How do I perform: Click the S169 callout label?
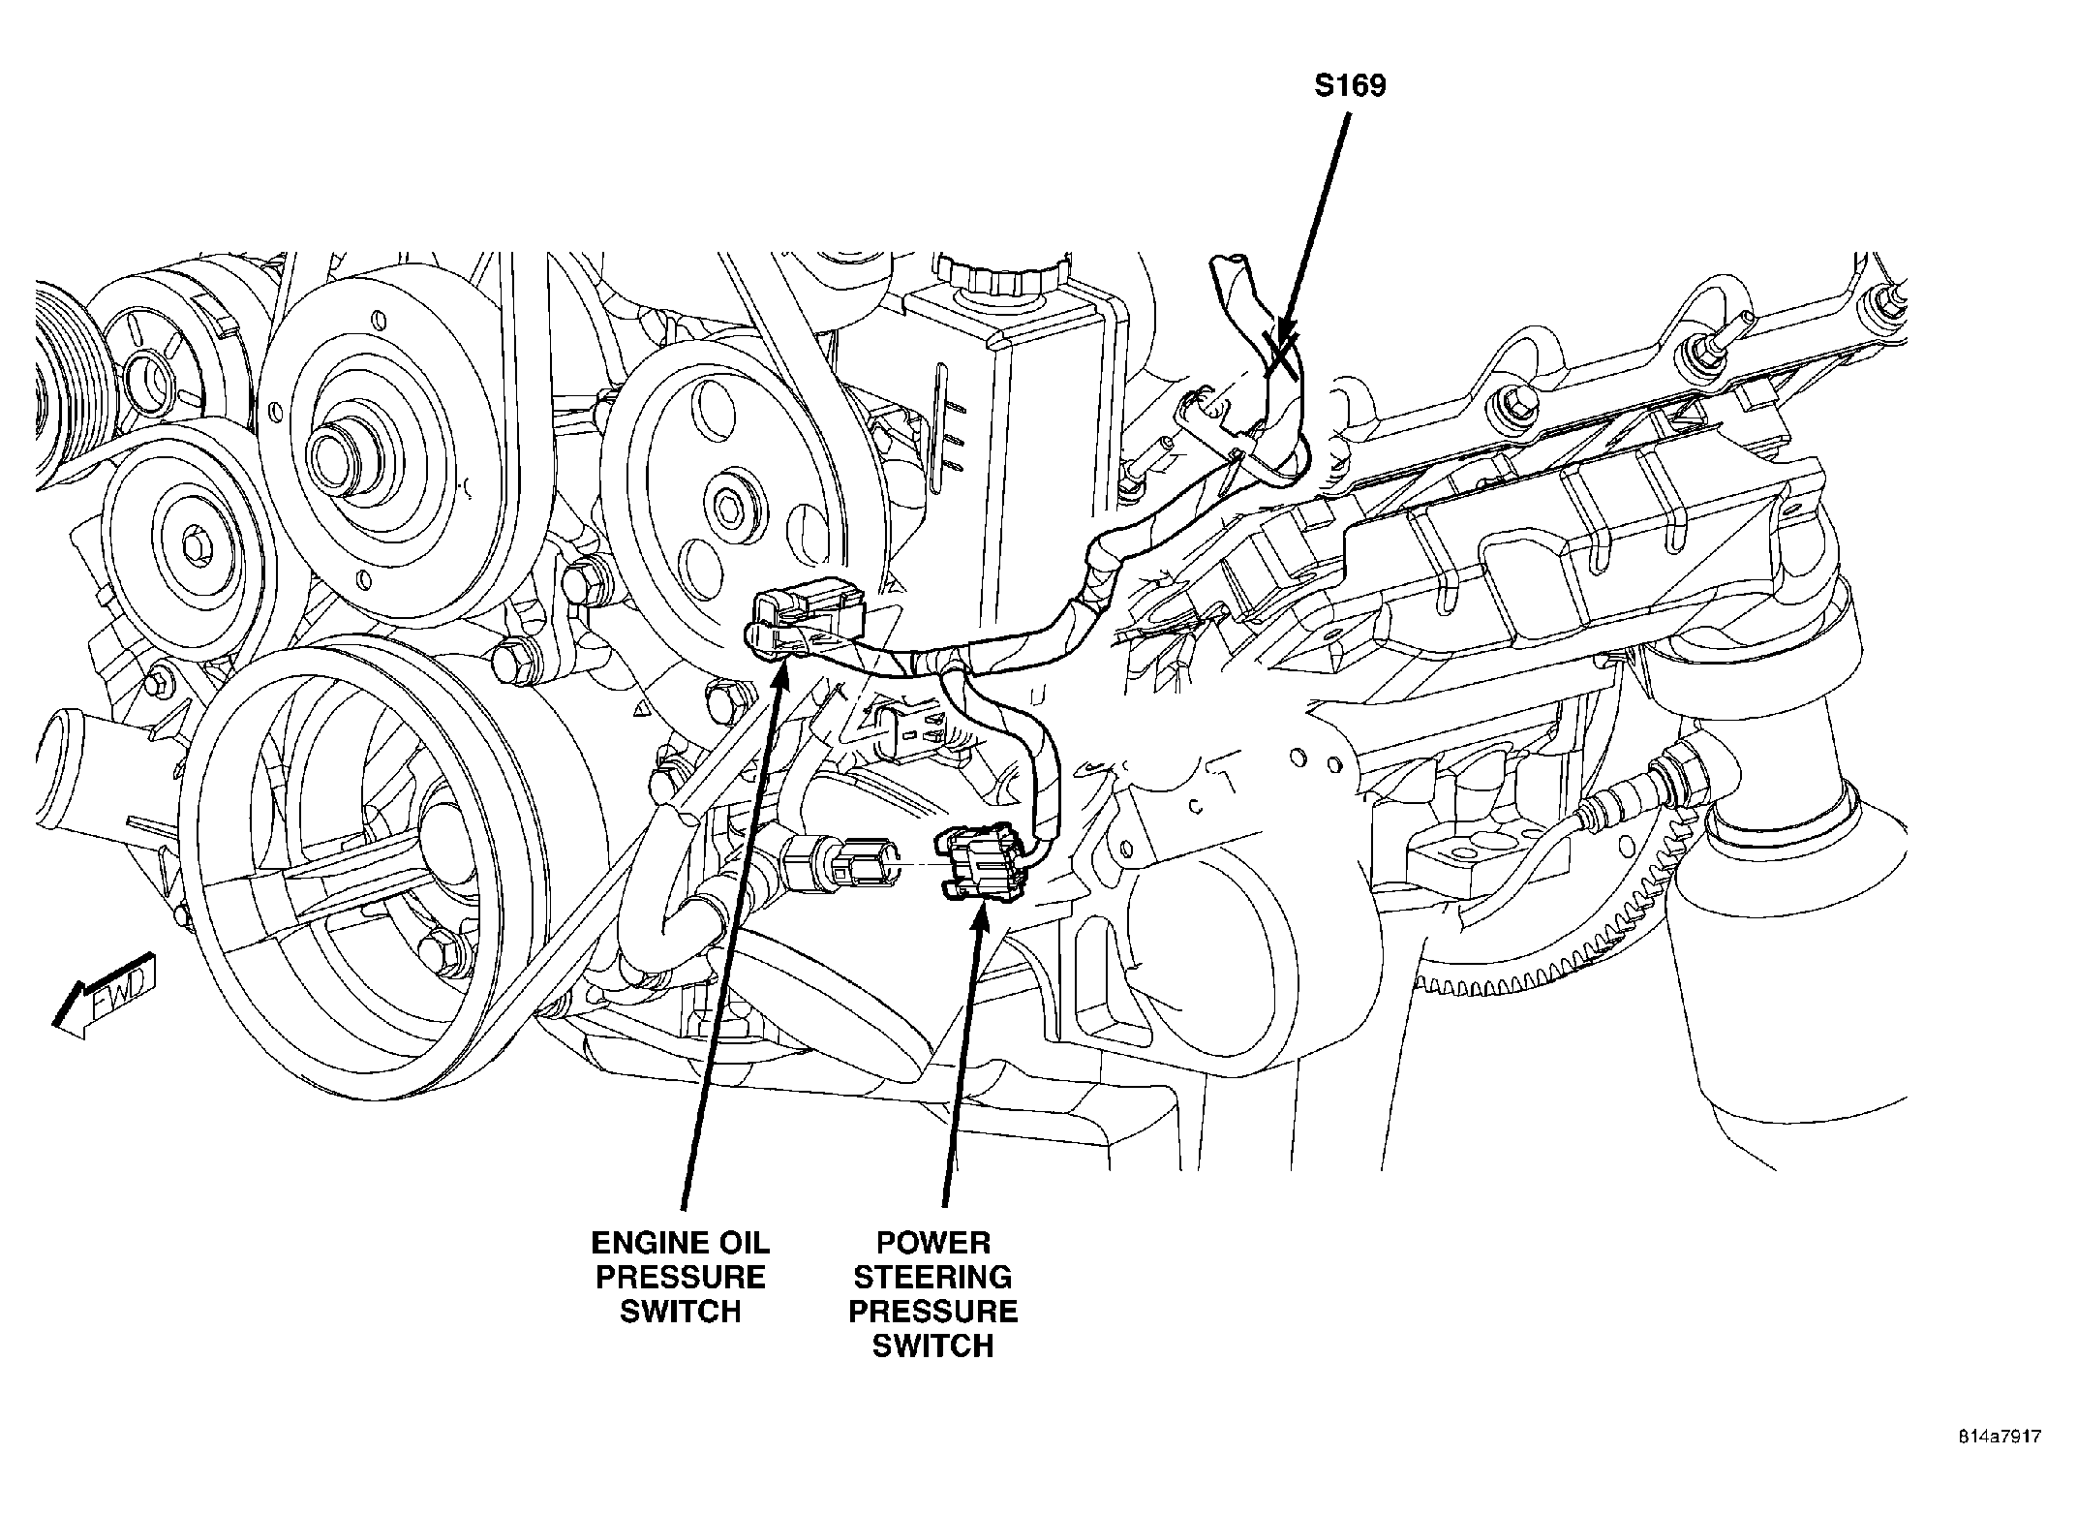[x=1350, y=86]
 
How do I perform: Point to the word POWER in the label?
[x=933, y=1243]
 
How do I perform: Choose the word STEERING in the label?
[x=933, y=1277]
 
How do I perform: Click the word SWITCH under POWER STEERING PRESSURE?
[x=933, y=1346]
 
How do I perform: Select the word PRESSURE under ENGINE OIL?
[x=680, y=1277]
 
